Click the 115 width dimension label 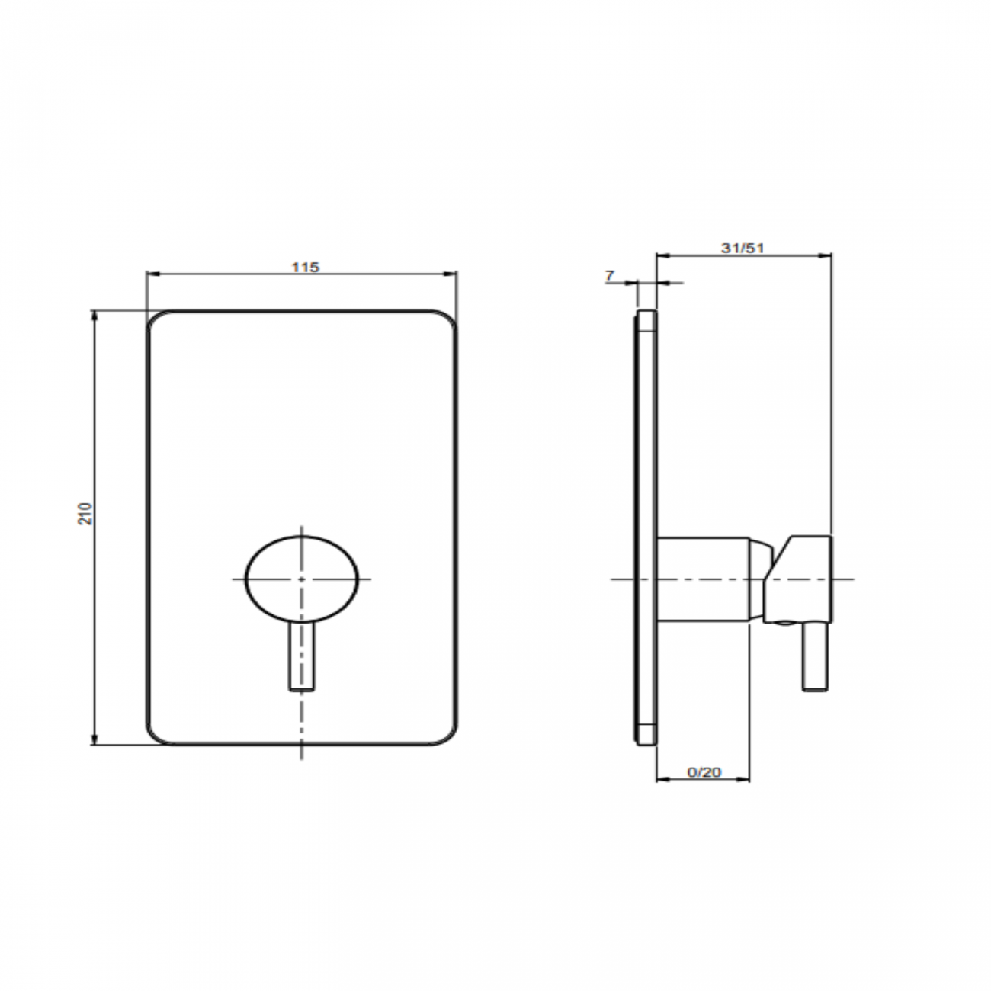click(x=306, y=267)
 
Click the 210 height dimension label click(x=85, y=512)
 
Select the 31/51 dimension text click(x=742, y=248)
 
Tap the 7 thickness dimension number click(x=610, y=276)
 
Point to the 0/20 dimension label click(x=704, y=772)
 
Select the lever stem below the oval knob click(x=302, y=656)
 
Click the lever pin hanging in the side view click(x=814, y=656)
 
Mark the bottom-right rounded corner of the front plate click(x=446, y=734)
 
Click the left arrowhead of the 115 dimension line click(x=152, y=274)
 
